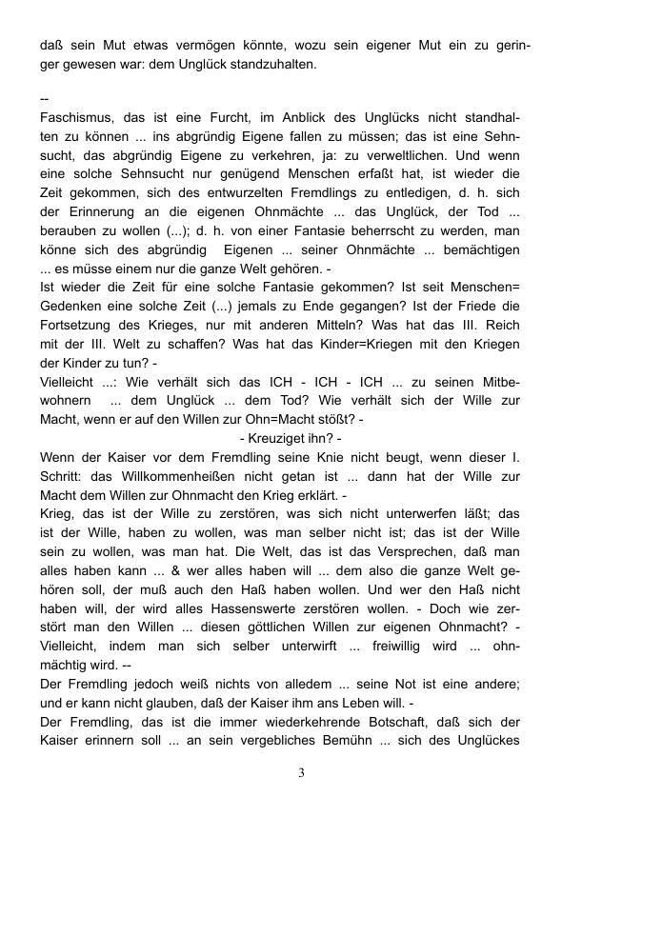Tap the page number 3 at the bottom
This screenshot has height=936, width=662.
[x=302, y=772]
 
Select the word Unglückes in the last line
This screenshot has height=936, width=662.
[x=487, y=740]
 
